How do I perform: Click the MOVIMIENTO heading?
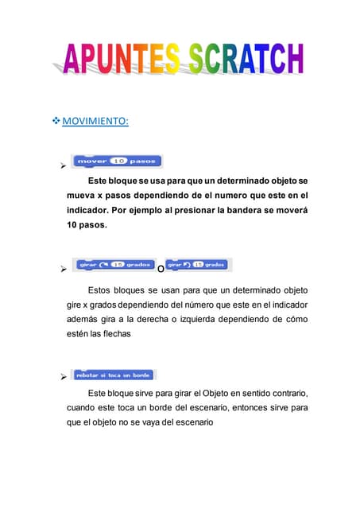(x=95, y=121)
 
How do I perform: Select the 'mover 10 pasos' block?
(x=116, y=161)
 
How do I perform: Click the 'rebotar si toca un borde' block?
(x=114, y=375)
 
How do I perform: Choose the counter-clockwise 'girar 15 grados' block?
(x=198, y=264)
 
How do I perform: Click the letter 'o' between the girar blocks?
(x=161, y=269)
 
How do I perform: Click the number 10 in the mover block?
(x=118, y=161)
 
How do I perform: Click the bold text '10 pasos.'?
(x=87, y=225)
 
